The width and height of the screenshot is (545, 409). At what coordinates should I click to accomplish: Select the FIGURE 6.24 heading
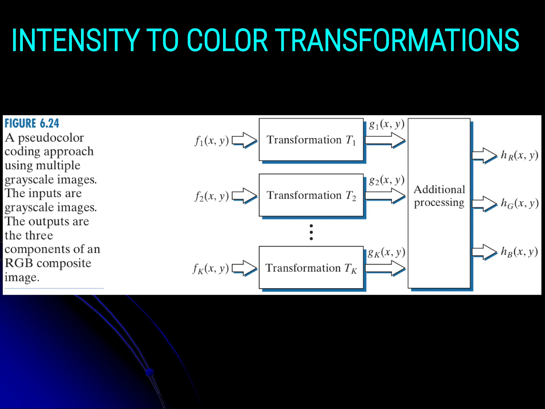click(32, 123)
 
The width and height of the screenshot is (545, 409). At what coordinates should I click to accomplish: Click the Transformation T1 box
click(311, 140)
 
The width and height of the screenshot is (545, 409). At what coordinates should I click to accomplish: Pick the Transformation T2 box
click(311, 195)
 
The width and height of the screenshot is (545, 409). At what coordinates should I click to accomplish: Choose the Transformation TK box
click(311, 267)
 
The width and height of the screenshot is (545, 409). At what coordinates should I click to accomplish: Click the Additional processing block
click(439, 203)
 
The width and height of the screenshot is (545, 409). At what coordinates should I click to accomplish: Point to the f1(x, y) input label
click(212, 140)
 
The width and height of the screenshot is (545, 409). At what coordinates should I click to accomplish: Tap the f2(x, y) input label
click(212, 196)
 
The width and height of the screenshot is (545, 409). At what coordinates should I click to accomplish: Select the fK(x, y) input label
click(211, 268)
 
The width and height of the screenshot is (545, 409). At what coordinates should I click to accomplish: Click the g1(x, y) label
click(387, 124)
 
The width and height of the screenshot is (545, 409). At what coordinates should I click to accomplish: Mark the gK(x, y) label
click(387, 252)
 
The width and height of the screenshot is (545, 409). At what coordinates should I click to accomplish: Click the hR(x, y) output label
click(519, 155)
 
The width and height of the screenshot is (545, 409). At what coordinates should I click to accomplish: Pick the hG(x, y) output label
click(519, 203)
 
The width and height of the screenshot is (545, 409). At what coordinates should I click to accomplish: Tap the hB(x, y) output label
click(519, 251)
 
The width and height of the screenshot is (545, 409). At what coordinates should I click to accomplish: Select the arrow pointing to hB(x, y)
click(484, 252)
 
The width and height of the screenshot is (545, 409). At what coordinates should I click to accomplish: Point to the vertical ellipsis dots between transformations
click(311, 232)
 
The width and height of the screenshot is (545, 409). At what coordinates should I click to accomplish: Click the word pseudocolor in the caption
click(51, 138)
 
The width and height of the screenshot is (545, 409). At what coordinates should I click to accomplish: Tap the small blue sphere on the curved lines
click(150, 372)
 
